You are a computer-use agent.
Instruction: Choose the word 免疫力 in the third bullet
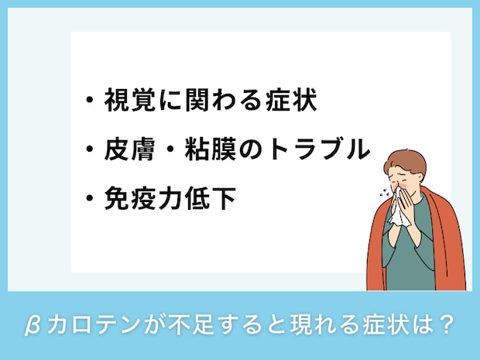pos(142,199)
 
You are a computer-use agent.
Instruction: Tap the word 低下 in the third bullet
pos(214,199)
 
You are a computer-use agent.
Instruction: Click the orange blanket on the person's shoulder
pos(448,232)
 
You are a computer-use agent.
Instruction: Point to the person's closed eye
pos(404,177)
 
